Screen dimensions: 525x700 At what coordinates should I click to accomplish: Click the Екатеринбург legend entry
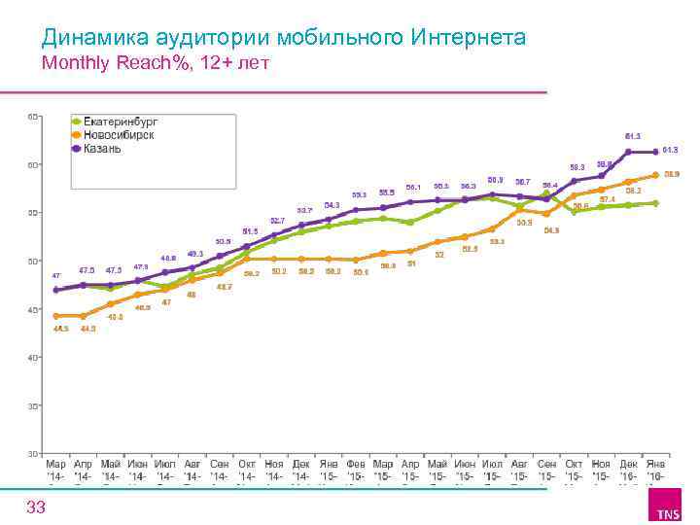coord(120,122)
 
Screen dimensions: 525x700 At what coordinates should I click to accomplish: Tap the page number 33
coord(36,507)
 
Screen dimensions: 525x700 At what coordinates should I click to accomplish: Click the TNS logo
coord(668,510)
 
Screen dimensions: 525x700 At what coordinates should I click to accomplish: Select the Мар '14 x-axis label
coord(56,470)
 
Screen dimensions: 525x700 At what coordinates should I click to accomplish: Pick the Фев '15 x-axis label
coord(357,470)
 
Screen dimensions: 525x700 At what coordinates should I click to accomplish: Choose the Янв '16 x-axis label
coord(656,470)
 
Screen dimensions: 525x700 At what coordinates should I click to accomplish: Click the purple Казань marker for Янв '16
coord(656,152)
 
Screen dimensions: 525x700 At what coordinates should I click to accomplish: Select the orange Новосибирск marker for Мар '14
coord(56,316)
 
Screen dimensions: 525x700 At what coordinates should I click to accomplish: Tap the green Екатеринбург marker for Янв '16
coord(656,203)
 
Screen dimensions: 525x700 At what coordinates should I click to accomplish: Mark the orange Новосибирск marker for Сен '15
coord(547,214)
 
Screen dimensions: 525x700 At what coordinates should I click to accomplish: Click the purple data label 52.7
coord(278,221)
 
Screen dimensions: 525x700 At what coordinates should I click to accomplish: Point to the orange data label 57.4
coord(608,199)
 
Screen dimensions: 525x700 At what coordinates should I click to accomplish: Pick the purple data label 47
coord(56,275)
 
